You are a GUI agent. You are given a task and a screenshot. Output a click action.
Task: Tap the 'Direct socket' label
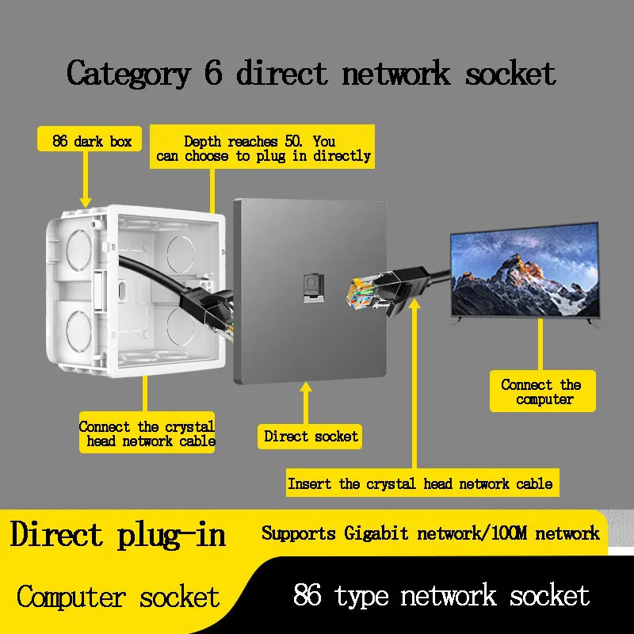tap(311, 436)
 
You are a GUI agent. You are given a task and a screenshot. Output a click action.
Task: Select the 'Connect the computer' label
tap(541, 391)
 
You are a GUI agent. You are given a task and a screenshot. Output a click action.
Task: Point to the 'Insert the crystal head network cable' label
tap(419, 483)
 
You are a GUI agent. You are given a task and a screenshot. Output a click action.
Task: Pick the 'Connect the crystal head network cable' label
tap(147, 433)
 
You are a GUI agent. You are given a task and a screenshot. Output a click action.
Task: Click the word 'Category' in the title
tap(128, 74)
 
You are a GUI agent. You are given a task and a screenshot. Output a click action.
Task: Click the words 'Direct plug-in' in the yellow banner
tap(117, 535)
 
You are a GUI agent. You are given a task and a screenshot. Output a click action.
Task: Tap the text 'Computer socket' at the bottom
tap(117, 596)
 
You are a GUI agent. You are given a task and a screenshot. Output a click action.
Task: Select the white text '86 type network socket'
tap(441, 596)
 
